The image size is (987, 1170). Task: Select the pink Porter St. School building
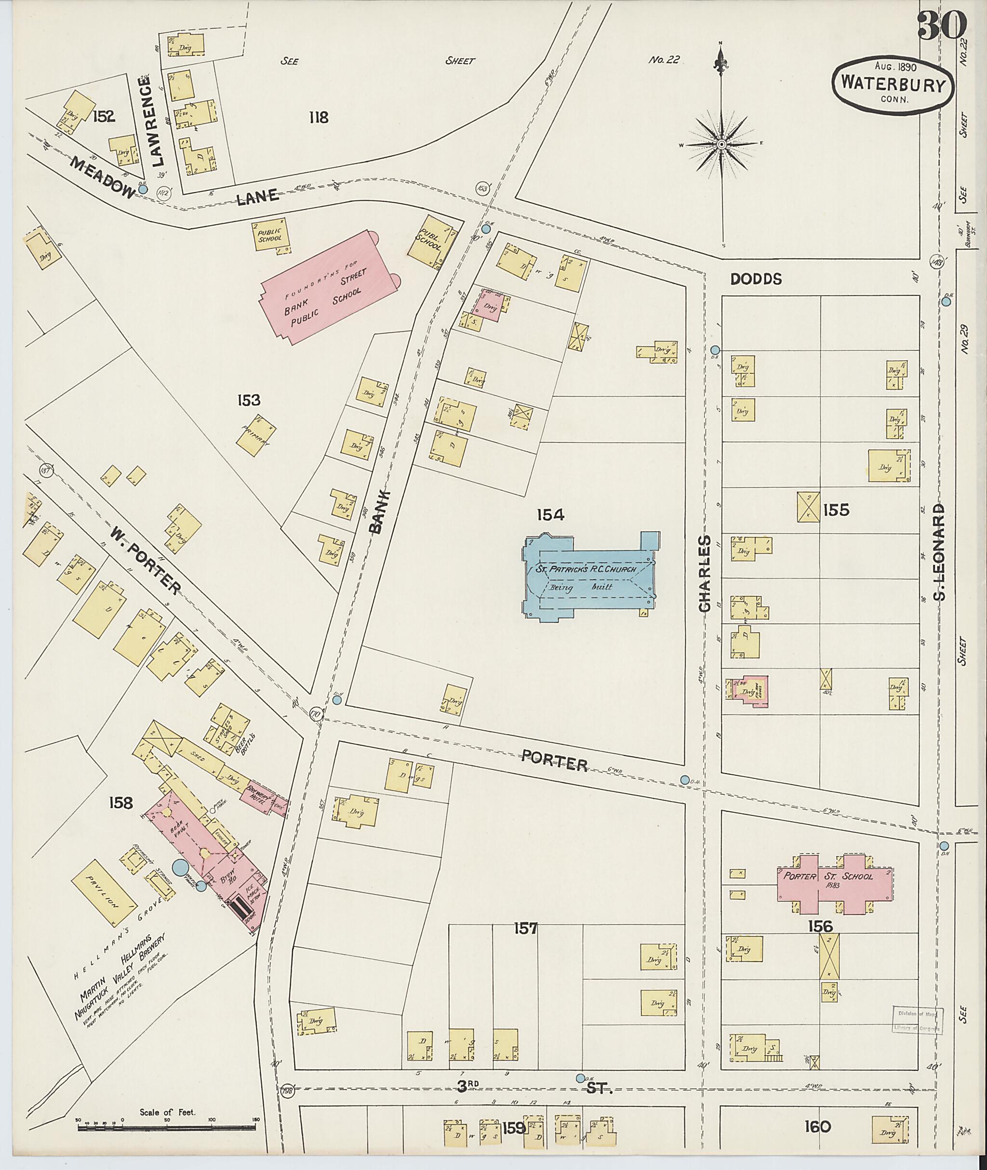click(x=834, y=884)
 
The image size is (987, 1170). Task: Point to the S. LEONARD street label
click(x=939, y=551)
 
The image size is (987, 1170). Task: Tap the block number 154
click(x=551, y=514)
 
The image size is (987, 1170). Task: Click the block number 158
click(x=121, y=803)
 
